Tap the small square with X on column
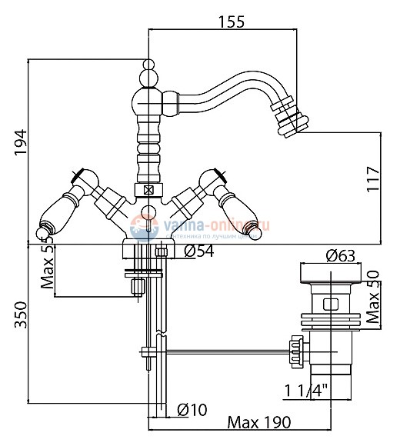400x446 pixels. click(148, 188)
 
